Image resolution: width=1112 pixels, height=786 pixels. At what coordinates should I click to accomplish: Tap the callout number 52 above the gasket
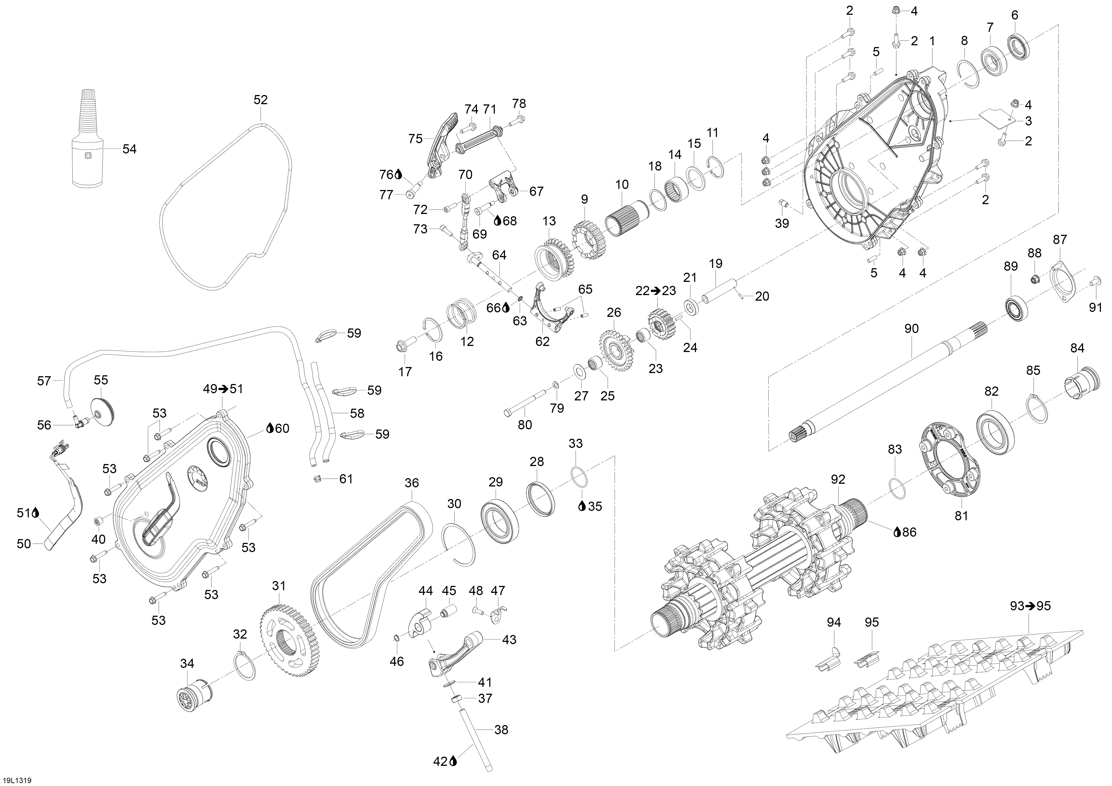pyautogui.click(x=260, y=100)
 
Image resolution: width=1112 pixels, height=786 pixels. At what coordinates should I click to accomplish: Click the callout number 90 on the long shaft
pyautogui.click(x=911, y=329)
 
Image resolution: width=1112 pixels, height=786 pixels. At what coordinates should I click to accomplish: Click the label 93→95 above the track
pyautogui.click(x=1030, y=605)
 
